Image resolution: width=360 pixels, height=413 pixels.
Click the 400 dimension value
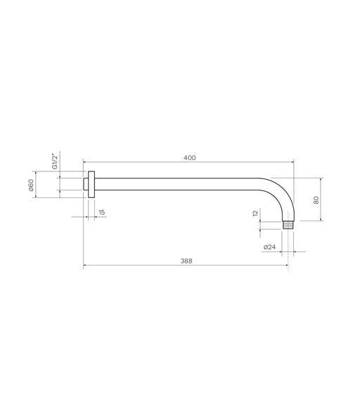pos(190,158)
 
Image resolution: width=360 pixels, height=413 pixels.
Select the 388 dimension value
pos(186,261)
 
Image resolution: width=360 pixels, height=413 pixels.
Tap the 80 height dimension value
pos(316,200)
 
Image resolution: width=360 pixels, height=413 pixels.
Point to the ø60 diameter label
pos(31,185)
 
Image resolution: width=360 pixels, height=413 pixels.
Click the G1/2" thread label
pos(55,162)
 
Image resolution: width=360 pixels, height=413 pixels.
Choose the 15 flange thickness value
pos(101,212)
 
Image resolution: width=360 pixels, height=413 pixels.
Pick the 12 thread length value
pos(255,213)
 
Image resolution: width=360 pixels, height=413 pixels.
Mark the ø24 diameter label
pos(269,247)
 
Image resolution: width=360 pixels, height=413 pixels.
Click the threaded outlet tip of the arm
pos(288,225)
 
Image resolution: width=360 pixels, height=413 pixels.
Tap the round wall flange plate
pos(91,184)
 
